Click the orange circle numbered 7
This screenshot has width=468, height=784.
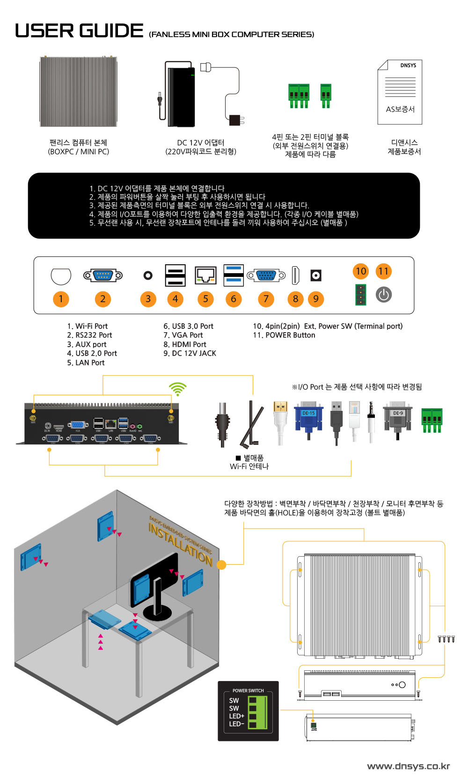click(x=266, y=299)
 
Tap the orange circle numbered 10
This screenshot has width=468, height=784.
click(x=361, y=271)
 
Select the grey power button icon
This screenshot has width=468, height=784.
click(x=384, y=295)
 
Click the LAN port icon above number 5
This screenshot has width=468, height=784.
click(x=205, y=276)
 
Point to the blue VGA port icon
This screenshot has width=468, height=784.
click(x=266, y=276)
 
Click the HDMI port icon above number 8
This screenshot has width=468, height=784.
click(x=295, y=275)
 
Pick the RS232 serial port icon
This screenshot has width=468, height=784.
click(x=103, y=276)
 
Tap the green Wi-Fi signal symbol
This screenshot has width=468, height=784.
click(x=177, y=389)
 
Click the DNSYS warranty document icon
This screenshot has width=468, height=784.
click(x=400, y=92)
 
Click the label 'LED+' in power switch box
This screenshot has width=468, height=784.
click(x=237, y=716)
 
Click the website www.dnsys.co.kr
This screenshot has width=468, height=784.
click(x=408, y=766)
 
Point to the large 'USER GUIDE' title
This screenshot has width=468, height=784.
click(x=79, y=31)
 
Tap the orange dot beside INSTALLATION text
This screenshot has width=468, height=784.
click(x=221, y=565)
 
